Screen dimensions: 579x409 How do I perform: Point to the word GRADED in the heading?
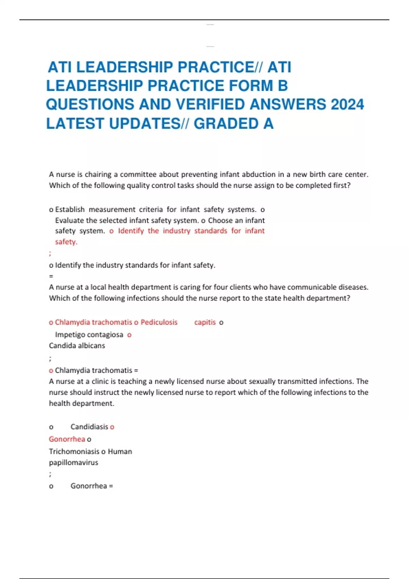click(x=226, y=124)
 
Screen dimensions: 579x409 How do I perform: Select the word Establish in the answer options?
click(x=70, y=209)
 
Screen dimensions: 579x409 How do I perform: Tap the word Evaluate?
click(x=70, y=220)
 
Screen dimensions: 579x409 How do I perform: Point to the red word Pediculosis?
click(x=159, y=322)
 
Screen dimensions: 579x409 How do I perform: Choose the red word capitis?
click(x=205, y=322)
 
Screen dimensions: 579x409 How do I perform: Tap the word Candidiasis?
click(x=89, y=427)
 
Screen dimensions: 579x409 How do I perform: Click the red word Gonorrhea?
click(x=67, y=439)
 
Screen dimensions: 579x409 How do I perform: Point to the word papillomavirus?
click(x=74, y=463)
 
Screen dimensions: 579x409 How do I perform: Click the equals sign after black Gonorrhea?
click(x=111, y=486)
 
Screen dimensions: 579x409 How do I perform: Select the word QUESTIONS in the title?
click(x=90, y=105)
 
